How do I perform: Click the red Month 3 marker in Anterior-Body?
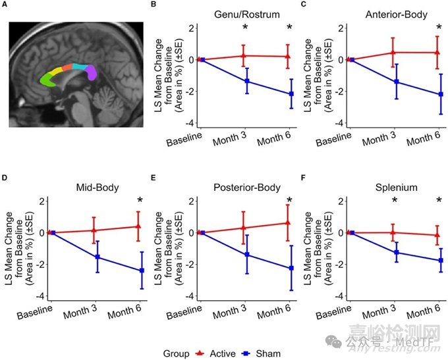point(394,52)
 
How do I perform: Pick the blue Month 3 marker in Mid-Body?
point(97,257)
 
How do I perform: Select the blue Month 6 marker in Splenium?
point(439,261)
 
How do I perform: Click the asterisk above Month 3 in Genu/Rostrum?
point(245,28)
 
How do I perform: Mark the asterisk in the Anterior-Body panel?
point(439,28)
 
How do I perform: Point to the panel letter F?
point(303,177)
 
